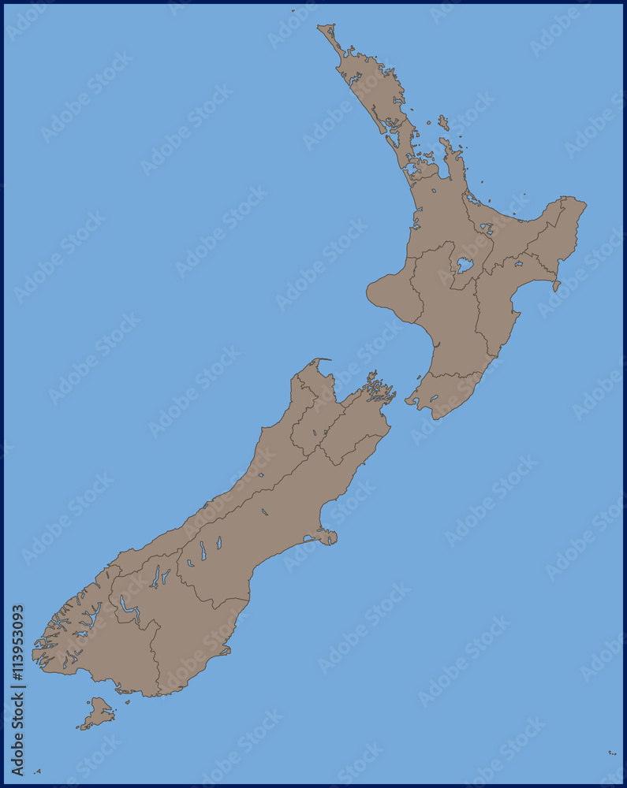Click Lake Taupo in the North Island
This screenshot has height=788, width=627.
pos(465,266)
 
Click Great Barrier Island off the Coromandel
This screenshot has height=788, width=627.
pos(443,123)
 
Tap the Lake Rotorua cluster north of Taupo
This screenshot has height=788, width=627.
pos(487,229)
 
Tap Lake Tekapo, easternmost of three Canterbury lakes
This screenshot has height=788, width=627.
pos(218,542)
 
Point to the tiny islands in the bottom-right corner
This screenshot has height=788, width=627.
pos(612,753)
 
